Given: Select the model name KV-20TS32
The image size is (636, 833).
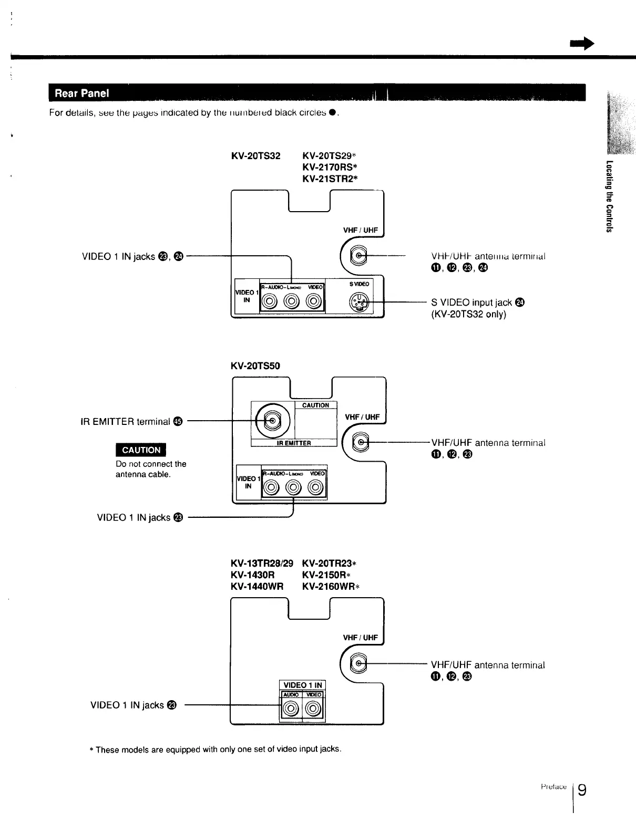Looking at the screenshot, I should click(255, 156).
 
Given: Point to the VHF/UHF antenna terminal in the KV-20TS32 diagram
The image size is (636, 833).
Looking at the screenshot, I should click(359, 256).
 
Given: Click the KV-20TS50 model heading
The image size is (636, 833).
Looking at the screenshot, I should click(255, 366).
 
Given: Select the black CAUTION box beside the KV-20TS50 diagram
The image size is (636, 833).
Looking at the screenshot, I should click(141, 450).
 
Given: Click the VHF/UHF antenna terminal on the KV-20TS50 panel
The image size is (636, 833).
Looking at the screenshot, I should click(361, 443).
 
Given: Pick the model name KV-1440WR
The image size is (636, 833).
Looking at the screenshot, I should click(257, 586).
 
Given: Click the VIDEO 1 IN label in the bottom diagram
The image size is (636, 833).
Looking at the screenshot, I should click(302, 685).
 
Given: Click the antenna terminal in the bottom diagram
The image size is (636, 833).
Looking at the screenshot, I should click(359, 664).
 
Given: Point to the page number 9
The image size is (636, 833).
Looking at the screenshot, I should click(582, 790).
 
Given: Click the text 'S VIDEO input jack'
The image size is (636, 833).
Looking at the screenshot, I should click(471, 303).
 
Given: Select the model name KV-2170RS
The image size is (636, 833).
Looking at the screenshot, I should click(330, 167).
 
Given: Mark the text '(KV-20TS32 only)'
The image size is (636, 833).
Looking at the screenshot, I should click(468, 314).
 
